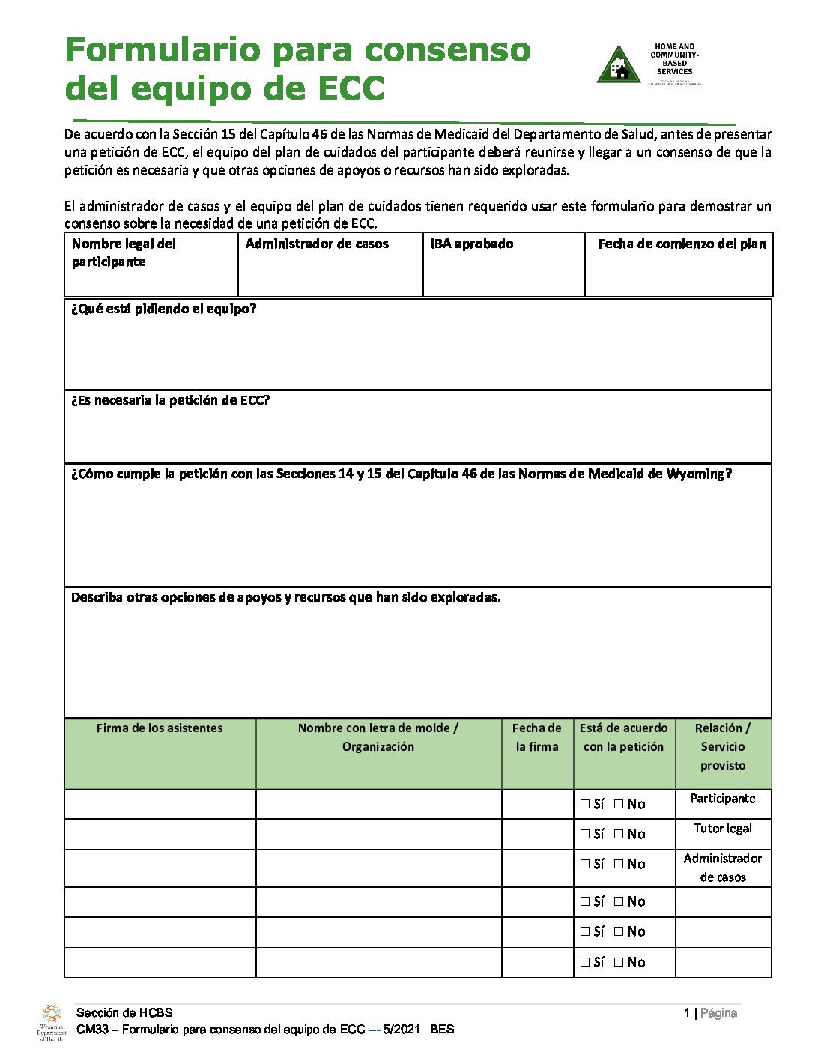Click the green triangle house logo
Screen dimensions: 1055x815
coord(619,66)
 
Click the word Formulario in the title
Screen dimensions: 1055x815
coord(162,50)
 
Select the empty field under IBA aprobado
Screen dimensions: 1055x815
coord(503,277)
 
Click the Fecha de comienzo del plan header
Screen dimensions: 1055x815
coord(682,244)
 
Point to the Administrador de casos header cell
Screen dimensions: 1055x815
coord(317,244)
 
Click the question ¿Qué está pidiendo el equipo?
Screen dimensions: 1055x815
coord(163,309)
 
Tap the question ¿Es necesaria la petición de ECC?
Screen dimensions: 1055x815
coord(170,400)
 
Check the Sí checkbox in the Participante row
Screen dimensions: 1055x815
coord(585,804)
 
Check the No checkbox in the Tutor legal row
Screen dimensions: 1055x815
coord(619,834)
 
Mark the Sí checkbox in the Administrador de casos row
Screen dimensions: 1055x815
coord(585,864)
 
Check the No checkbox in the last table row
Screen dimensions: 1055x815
coord(619,962)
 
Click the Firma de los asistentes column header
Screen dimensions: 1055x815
coord(160,728)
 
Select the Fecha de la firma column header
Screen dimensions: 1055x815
coord(537,737)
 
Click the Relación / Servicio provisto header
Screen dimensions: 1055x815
coord(723,746)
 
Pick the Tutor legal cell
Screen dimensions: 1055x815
coord(723,829)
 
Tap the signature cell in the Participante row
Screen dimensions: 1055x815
coord(160,804)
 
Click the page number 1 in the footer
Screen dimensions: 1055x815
coord(686,1013)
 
